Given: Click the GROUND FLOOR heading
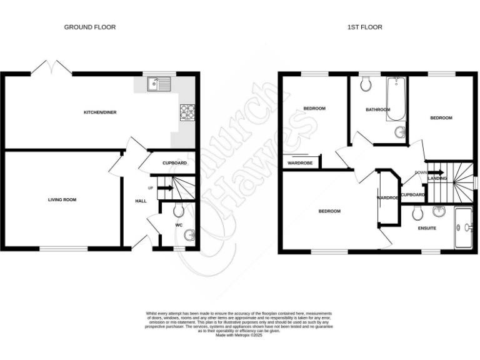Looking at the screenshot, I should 90,27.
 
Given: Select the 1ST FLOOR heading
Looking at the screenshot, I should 365,27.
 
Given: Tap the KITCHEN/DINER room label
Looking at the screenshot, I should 101,112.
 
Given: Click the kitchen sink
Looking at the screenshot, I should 159,84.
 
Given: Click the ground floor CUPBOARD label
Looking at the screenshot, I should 174,163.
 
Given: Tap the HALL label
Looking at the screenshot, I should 141,201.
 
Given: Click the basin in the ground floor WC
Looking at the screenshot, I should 190,236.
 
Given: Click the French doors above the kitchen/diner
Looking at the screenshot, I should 52,67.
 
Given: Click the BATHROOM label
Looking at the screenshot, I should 378,110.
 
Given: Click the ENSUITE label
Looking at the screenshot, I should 427,228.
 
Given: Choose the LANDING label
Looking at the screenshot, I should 437,179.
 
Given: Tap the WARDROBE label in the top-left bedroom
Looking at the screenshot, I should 299,164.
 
